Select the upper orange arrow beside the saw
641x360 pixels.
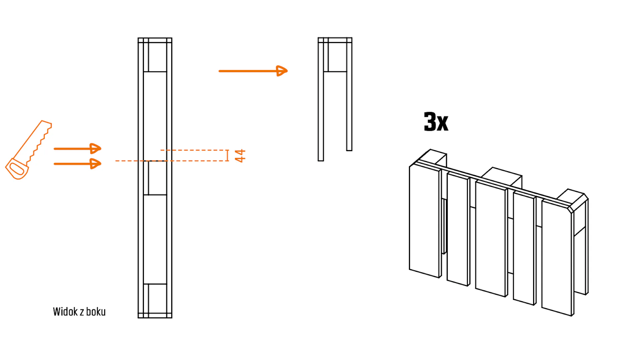point(77,148)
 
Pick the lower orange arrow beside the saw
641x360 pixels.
point(77,164)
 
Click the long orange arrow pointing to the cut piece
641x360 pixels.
point(253,71)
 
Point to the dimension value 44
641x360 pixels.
point(240,156)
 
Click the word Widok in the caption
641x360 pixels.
point(65,312)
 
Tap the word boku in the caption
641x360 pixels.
point(96,312)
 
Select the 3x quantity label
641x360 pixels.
point(436,122)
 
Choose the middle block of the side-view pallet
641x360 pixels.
point(157,178)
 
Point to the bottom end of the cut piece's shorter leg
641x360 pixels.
point(349,150)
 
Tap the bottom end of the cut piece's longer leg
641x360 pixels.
point(321,160)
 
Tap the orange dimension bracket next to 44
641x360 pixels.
point(228,155)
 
